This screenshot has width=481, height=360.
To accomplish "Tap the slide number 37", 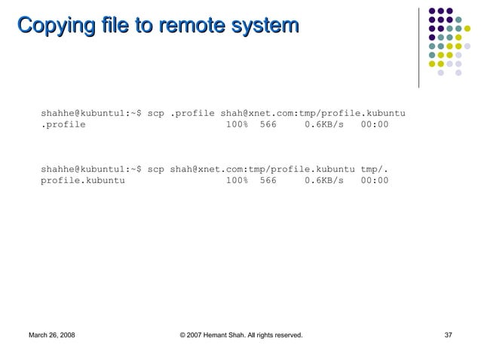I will pyautogui.click(x=449, y=334).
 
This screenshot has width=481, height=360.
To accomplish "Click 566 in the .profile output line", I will pyautogui.click(x=268, y=124).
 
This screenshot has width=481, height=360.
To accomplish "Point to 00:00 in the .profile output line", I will pyautogui.click(x=375, y=124).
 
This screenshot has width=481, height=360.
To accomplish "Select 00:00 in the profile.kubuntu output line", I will pyautogui.click(x=375, y=181).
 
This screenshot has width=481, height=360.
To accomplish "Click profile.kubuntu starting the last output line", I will pyautogui.click(x=83, y=181).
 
